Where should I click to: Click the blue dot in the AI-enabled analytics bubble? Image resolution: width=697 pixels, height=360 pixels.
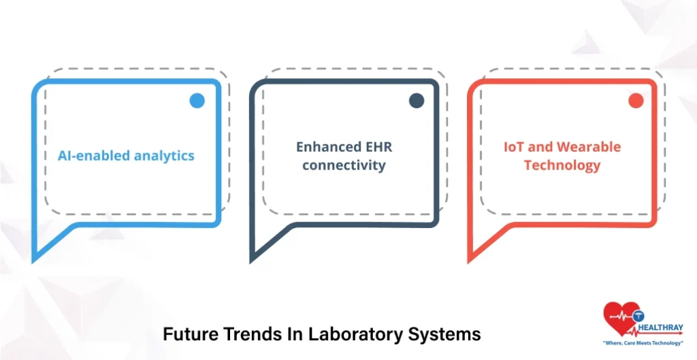[x=197, y=101]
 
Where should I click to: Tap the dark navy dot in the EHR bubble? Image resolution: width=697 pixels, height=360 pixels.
[x=417, y=101]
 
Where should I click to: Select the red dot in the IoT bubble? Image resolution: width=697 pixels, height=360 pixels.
[x=636, y=101]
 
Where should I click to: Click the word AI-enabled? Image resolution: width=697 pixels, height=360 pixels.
[x=94, y=156]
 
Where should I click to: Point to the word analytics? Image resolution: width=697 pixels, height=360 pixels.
[x=165, y=156]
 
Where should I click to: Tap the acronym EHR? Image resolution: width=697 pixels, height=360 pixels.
[x=378, y=147]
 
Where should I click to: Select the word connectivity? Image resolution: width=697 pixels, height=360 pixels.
[x=344, y=165]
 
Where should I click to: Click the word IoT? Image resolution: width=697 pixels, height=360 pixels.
[x=515, y=147]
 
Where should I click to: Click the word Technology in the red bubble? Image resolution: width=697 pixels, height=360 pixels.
[x=562, y=165]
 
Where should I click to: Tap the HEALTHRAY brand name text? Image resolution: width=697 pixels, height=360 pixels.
[x=660, y=329]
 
